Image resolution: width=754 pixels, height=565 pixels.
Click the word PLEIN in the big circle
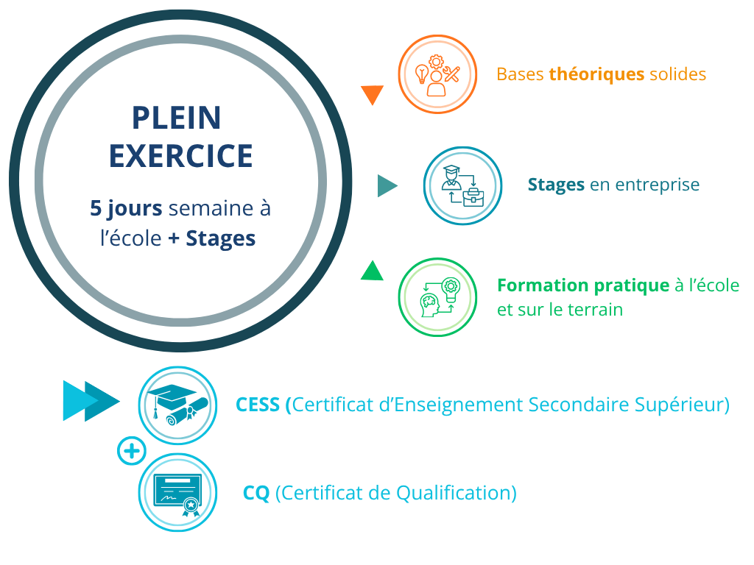pos(177,118)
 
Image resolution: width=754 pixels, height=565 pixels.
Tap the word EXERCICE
pos(181,156)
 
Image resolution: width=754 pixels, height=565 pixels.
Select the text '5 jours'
pos(126,209)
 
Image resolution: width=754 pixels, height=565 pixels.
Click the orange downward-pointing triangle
pos(372,94)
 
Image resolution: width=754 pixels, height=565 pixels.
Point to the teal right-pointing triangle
pos(387,185)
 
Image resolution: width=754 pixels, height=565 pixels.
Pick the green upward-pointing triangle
pos(372,271)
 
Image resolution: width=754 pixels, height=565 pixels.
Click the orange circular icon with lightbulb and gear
pos(437,74)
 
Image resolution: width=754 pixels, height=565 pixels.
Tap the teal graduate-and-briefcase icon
pos(462,185)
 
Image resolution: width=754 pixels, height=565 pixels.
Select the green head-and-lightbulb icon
pos(437,297)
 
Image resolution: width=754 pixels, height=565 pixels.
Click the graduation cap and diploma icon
pos(178,405)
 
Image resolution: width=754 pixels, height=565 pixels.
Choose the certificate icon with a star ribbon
pos(178,492)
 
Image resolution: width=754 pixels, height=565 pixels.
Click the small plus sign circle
pos(132,451)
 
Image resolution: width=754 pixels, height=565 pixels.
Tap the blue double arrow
pos(91,401)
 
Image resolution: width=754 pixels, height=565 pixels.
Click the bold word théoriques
pos(596,74)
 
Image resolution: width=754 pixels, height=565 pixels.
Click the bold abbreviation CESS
pos(258,405)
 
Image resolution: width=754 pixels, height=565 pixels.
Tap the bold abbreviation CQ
pos(256,494)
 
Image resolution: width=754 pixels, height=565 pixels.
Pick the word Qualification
pos(453,494)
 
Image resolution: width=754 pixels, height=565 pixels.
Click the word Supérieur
pos(678,405)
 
